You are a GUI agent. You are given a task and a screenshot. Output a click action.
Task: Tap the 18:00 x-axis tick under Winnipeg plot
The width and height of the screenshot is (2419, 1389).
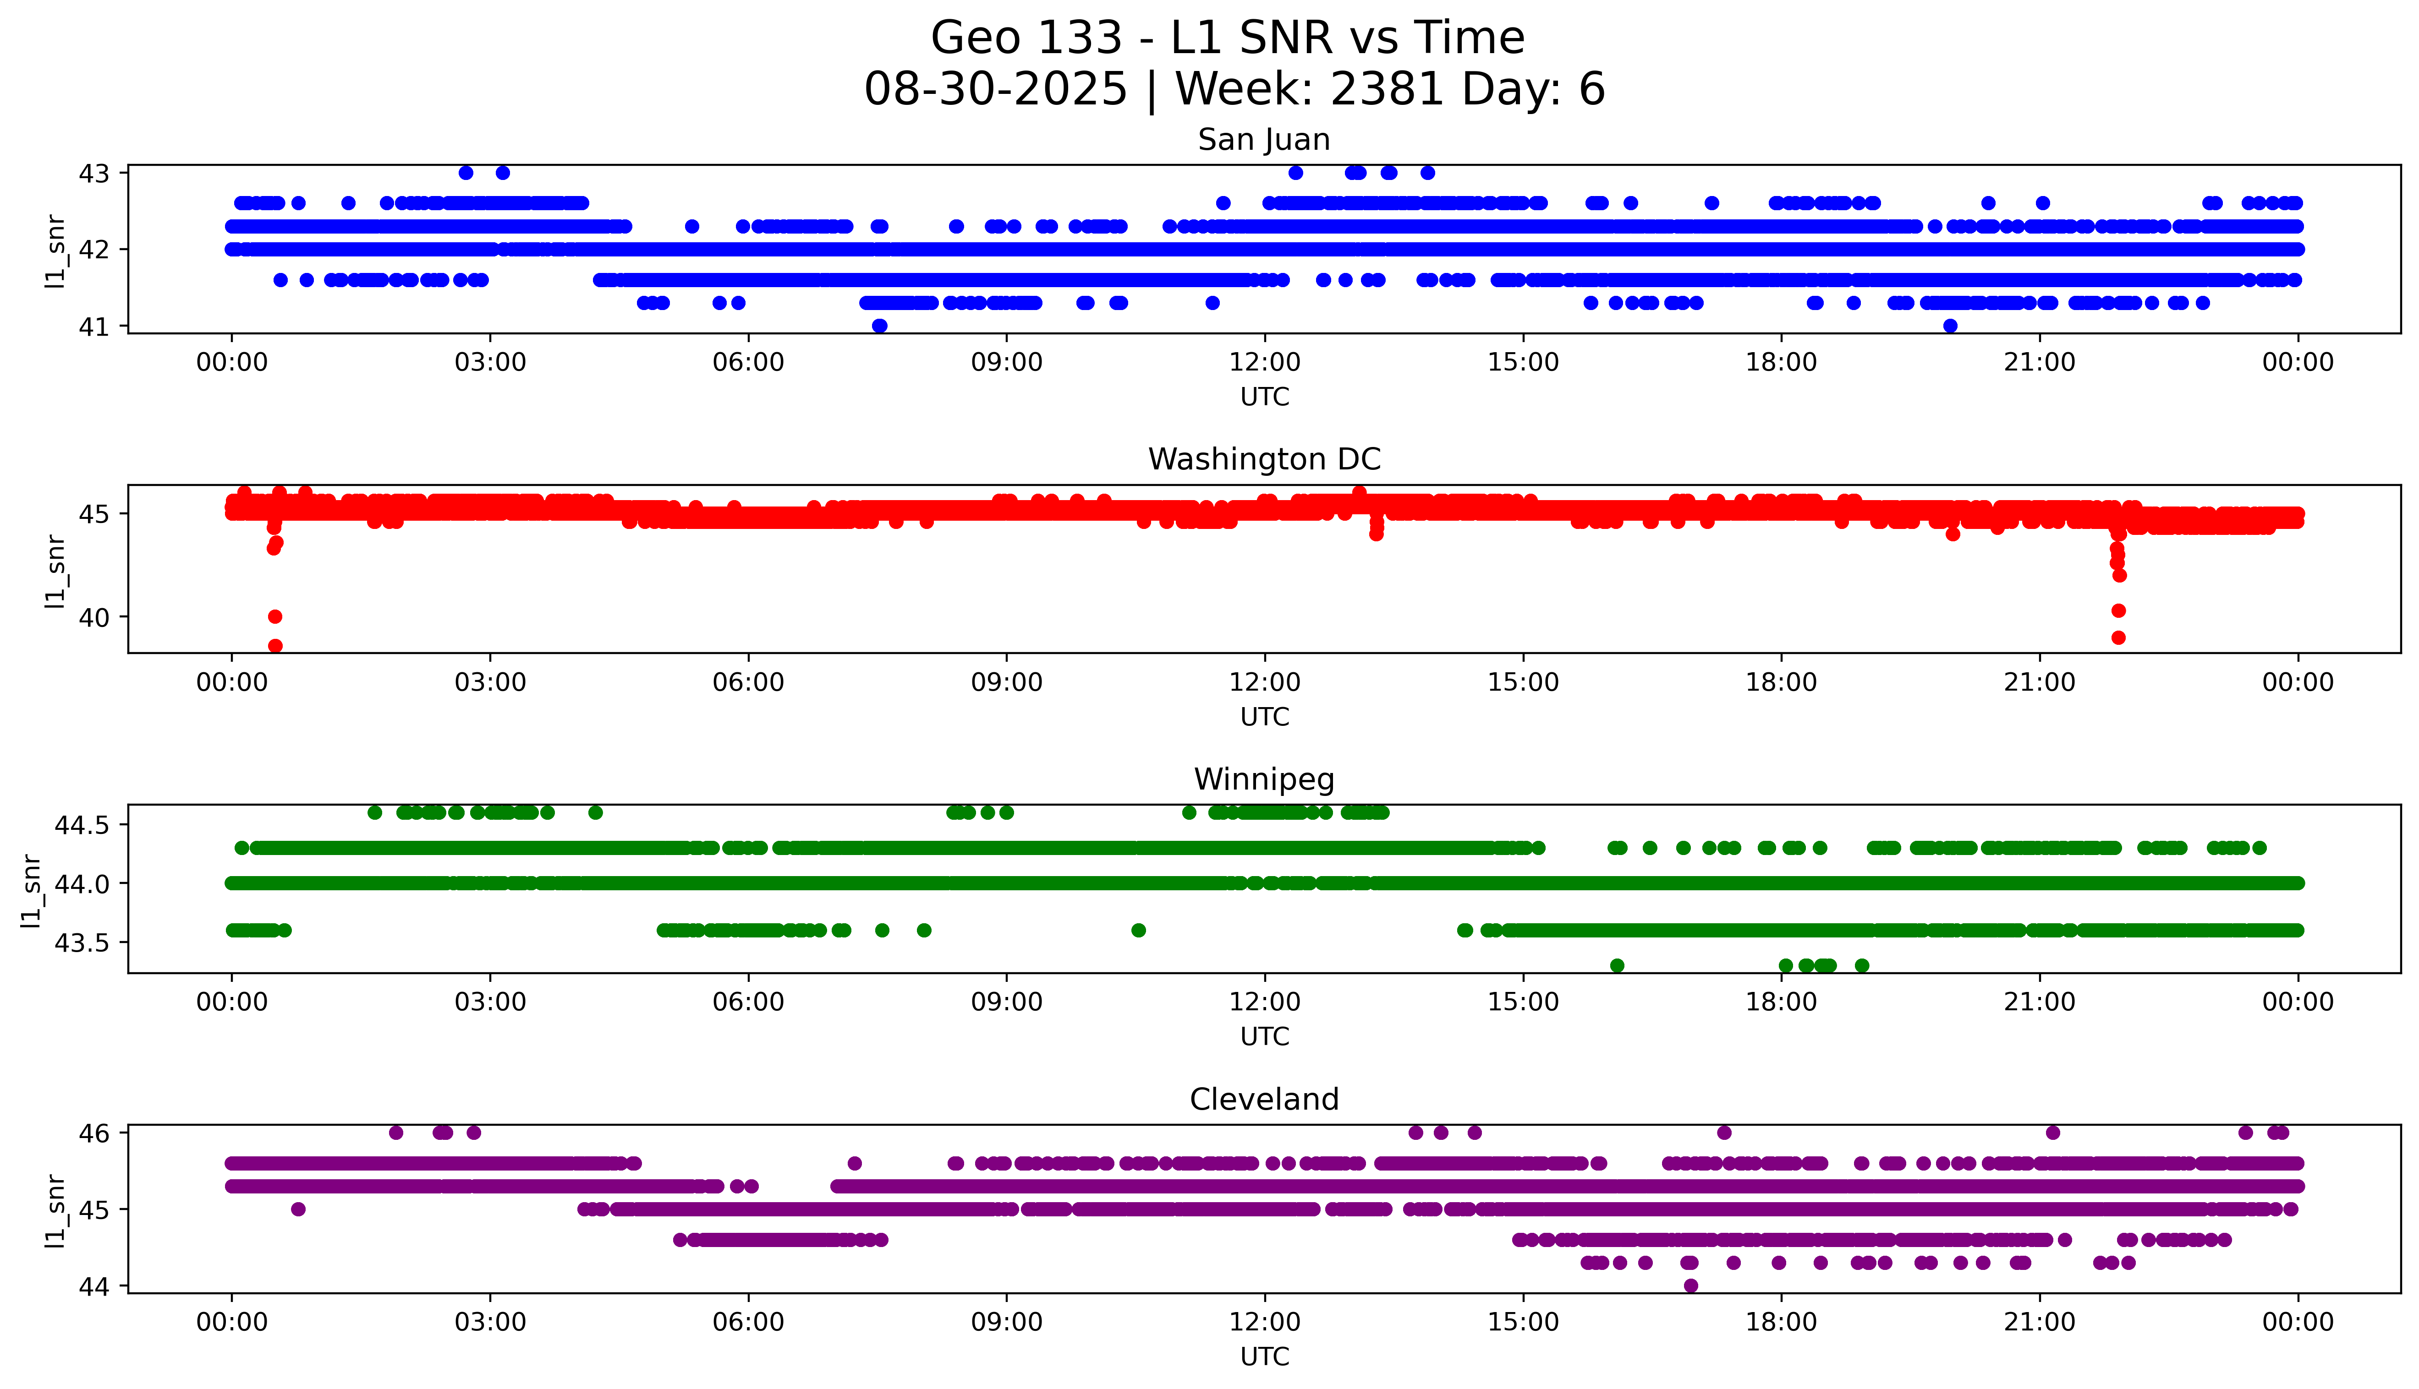[1781, 1002]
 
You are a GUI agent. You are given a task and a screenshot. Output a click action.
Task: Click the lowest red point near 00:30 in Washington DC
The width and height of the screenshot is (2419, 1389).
[275, 646]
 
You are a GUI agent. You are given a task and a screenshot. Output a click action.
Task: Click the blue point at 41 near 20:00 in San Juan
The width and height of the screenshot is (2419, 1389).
[1951, 326]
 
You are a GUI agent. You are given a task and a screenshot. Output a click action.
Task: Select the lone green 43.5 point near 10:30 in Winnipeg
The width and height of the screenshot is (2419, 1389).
[1138, 930]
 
